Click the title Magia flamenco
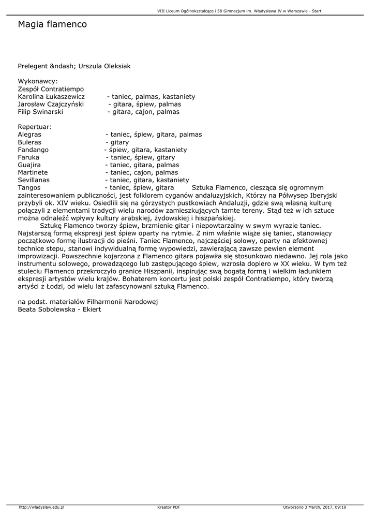[52, 24]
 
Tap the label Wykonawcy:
[38, 81]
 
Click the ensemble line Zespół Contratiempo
[51, 89]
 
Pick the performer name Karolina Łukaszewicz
[51, 97]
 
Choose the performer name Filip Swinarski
[40, 112]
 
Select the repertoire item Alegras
[29, 135]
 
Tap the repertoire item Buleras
[29, 142]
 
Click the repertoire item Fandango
[33, 150]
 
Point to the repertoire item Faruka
[28, 157]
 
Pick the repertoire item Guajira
[29, 165]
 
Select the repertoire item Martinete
[33, 172]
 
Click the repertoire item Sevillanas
[34, 180]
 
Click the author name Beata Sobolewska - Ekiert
[59, 309]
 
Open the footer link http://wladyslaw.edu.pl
[41, 507]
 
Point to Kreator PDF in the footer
[169, 507]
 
